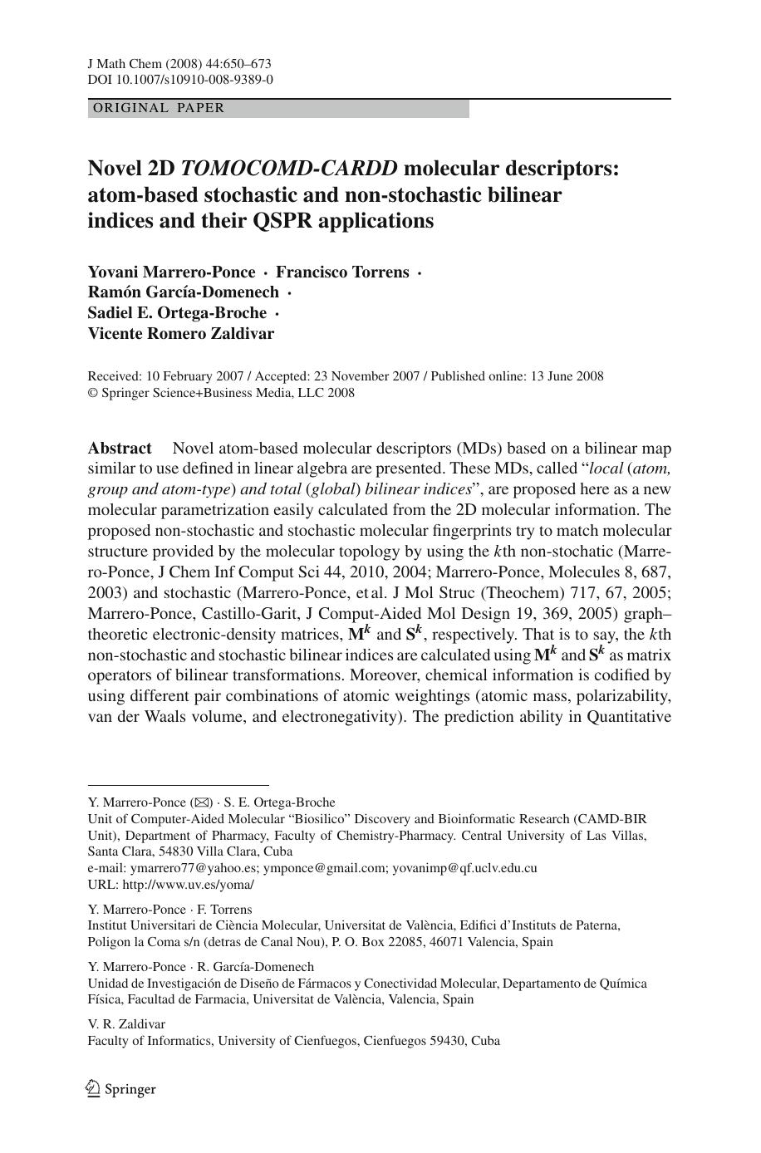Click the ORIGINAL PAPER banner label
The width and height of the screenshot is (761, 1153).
pos(159,108)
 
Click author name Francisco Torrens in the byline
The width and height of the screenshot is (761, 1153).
pos(342,272)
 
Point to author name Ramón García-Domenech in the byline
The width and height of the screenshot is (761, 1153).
pos(184,292)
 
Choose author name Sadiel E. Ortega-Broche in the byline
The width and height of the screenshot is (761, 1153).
pos(177,313)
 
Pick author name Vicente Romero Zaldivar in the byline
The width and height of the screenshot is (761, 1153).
pos(181,334)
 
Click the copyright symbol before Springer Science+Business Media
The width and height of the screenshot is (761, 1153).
pos(92,394)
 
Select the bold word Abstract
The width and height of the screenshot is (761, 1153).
pos(120,449)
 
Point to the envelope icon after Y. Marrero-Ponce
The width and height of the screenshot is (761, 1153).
pos(201,802)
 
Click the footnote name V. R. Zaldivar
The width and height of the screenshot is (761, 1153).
pos(126,1024)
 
